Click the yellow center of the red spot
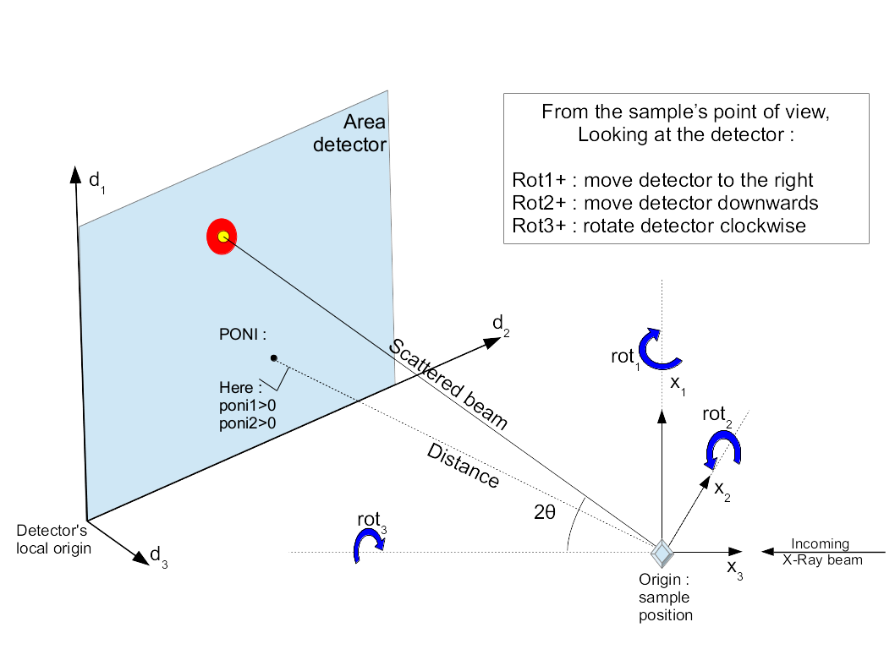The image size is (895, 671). tap(222, 237)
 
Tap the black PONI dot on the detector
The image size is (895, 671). tap(274, 357)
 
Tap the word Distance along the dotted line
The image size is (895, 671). tap(463, 464)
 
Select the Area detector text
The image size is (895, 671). tap(350, 134)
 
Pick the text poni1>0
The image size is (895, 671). tap(243, 405)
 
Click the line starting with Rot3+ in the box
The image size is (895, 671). tap(659, 226)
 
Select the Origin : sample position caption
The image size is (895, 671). tap(666, 597)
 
